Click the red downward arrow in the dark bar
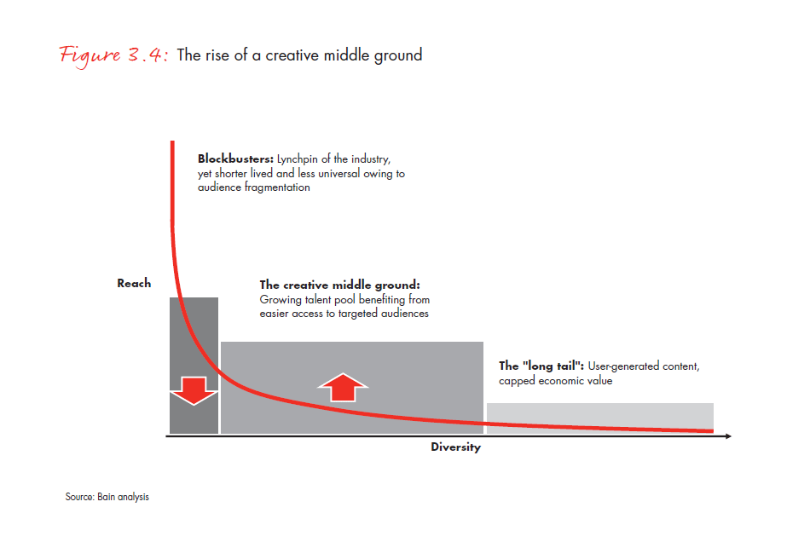click(194, 390)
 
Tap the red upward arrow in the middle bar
click(343, 387)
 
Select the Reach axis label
click(135, 284)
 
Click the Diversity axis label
click(455, 447)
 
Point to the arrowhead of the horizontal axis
click(728, 436)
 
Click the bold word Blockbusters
click(235, 159)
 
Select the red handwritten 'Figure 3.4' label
click(113, 55)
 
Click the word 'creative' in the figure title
click(292, 55)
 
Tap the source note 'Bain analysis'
click(123, 497)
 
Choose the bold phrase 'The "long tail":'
click(541, 366)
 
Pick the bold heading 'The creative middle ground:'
click(340, 285)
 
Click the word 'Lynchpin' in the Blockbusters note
click(298, 159)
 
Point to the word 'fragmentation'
click(277, 187)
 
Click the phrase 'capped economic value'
click(555, 381)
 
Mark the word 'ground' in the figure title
click(398, 55)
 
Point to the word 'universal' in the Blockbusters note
click(339, 174)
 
